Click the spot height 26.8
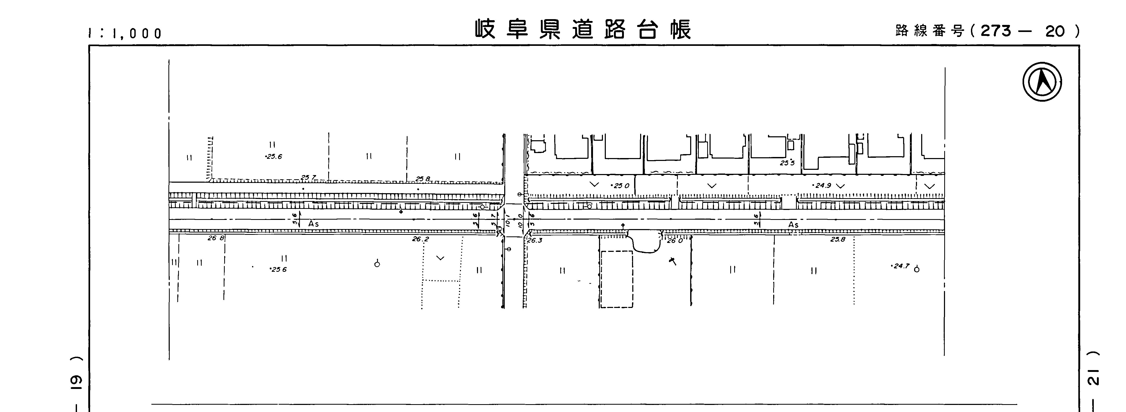216,238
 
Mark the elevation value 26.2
420,239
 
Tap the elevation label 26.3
535,240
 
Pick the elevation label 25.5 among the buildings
787,163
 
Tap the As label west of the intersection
314,224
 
